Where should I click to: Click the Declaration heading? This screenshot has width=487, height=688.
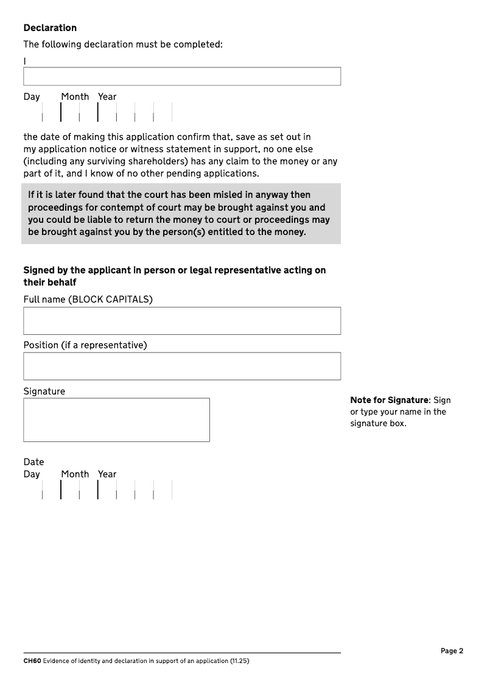(50, 28)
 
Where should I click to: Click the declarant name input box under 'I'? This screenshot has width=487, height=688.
(182, 77)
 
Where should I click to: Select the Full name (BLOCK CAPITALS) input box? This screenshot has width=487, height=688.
(182, 321)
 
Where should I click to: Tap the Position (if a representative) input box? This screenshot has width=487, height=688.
(182, 366)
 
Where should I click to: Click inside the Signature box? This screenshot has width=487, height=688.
(116, 420)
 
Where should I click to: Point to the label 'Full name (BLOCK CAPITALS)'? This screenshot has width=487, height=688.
(88, 300)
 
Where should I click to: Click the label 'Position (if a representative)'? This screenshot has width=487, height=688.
(85, 345)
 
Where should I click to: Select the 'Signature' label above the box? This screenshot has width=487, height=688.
(44, 391)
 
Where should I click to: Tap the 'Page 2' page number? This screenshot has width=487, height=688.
(452, 651)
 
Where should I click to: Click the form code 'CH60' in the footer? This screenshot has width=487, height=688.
(32, 661)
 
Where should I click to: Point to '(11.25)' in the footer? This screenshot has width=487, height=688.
(239, 661)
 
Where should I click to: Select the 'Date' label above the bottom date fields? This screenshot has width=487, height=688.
(34, 462)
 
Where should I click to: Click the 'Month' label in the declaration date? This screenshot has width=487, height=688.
(75, 97)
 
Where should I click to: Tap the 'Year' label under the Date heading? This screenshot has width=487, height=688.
(107, 474)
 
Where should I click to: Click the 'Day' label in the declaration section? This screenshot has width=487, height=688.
(32, 97)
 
